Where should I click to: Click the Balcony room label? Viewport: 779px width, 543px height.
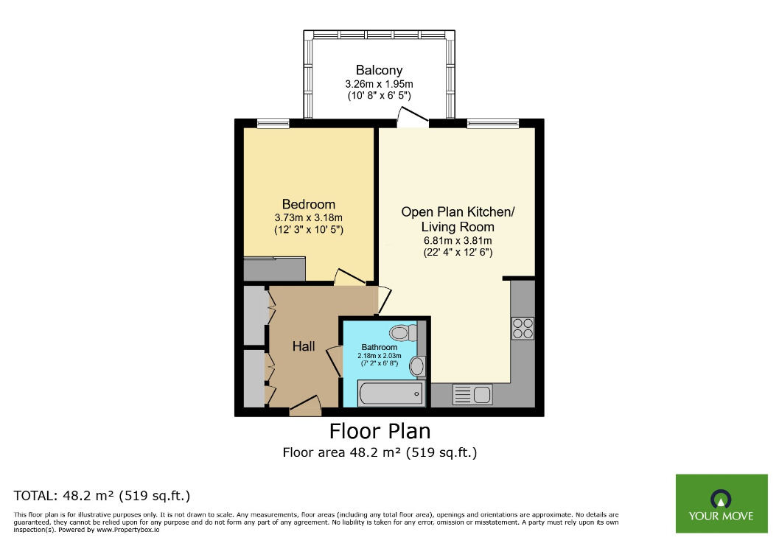point(379,71)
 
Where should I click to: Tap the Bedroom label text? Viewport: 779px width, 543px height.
point(308,204)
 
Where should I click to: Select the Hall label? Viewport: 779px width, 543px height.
point(304,346)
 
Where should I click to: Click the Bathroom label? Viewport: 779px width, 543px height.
point(379,347)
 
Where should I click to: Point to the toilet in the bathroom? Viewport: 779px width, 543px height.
point(404,333)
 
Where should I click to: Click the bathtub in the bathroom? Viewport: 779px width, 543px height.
point(390,393)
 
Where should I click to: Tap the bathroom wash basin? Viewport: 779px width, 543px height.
point(418,365)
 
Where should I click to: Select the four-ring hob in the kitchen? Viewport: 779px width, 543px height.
point(523,328)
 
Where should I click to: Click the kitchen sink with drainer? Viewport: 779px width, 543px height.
point(472,394)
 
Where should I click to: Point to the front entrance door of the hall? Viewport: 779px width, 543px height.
point(305,406)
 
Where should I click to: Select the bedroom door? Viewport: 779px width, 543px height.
point(349,278)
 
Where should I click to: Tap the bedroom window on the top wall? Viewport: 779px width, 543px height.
point(272,123)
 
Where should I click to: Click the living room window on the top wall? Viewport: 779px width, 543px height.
point(492,123)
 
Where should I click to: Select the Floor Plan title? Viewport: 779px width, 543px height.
point(380,430)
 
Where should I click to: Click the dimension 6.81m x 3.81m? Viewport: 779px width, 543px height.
point(457,240)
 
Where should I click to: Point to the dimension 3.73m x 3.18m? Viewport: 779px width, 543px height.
point(308,218)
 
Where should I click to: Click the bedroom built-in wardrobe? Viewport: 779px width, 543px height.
point(274,268)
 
